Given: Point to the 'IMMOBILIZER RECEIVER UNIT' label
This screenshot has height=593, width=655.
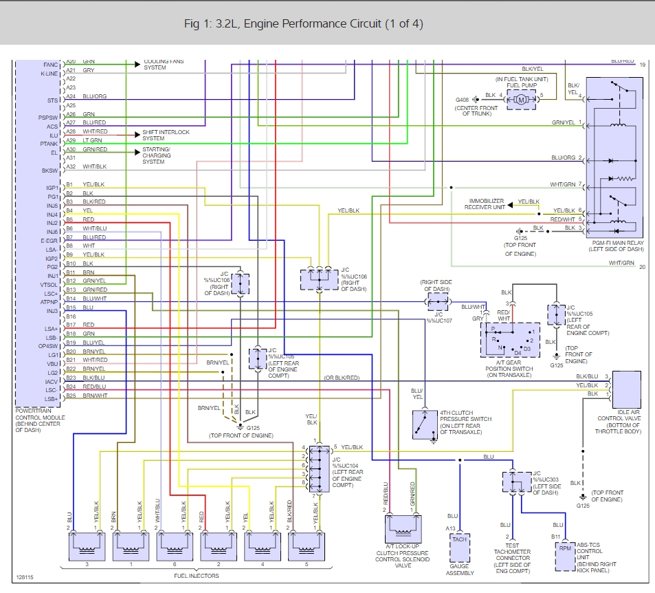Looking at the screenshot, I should (x=485, y=204).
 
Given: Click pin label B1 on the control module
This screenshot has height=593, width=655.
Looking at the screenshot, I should (x=69, y=185).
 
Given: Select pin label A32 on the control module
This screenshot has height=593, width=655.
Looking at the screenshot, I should (x=71, y=166).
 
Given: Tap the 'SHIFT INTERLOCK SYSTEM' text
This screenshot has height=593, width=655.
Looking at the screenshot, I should (x=166, y=135).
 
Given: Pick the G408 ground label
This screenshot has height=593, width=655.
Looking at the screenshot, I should (x=463, y=100).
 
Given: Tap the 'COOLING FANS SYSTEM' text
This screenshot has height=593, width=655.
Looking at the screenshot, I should (x=164, y=65).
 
